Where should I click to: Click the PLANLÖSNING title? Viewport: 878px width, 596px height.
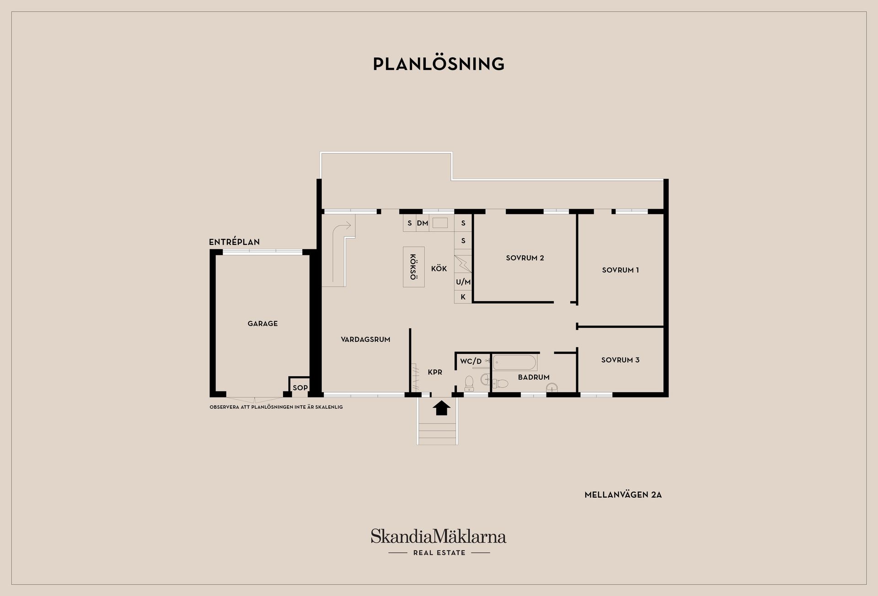click(439, 64)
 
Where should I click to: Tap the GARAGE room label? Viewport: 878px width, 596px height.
click(262, 324)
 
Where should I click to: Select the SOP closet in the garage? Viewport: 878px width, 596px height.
click(300, 387)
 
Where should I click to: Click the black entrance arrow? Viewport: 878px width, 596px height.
click(441, 407)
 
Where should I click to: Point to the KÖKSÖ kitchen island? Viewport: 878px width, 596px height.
click(413, 267)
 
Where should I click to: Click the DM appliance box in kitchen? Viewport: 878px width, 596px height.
click(423, 223)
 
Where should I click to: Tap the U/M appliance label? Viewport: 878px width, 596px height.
click(463, 282)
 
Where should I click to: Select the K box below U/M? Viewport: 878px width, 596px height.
click(463, 297)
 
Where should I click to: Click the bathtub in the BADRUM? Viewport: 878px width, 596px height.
click(514, 363)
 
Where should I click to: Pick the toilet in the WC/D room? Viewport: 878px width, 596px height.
click(469, 383)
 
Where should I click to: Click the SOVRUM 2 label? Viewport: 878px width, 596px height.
click(525, 258)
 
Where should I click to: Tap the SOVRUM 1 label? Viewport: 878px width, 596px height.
click(620, 270)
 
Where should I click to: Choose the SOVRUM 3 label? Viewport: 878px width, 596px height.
click(620, 360)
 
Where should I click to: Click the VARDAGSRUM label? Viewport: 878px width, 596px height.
click(365, 340)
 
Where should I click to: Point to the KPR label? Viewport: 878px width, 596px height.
click(435, 372)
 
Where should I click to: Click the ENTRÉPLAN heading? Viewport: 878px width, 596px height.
click(234, 242)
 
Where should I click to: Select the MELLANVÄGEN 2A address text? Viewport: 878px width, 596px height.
click(623, 495)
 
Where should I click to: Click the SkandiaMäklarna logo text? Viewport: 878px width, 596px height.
click(439, 536)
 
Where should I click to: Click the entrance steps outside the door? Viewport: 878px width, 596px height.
click(438, 433)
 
